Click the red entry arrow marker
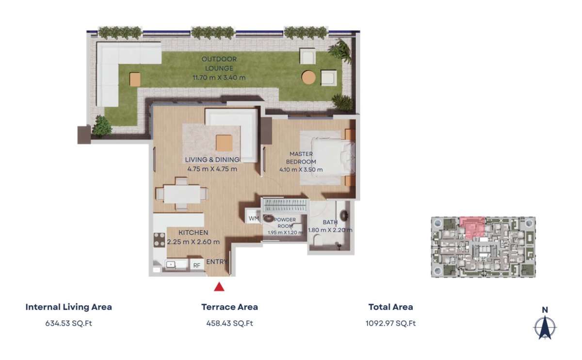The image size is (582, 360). (219, 287)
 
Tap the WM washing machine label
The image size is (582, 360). (254, 219)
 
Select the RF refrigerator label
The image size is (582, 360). (197, 265)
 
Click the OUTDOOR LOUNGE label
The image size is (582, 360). (219, 64)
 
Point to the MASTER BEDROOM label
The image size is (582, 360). (301, 158)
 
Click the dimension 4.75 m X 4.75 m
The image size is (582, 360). (212, 169)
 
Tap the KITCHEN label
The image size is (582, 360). (194, 232)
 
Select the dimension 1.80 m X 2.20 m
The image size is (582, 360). (330, 230)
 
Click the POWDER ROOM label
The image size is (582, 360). (285, 223)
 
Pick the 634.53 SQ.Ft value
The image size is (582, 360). (68, 323)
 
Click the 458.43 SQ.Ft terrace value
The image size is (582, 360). (230, 323)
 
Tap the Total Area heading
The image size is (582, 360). (390, 307)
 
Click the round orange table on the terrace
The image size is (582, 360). (308, 77)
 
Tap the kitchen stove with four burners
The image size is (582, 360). (159, 240)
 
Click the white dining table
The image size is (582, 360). (182, 194)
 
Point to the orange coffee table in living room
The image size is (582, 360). (224, 143)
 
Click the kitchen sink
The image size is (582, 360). (171, 264)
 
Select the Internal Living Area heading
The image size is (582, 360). (68, 307)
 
